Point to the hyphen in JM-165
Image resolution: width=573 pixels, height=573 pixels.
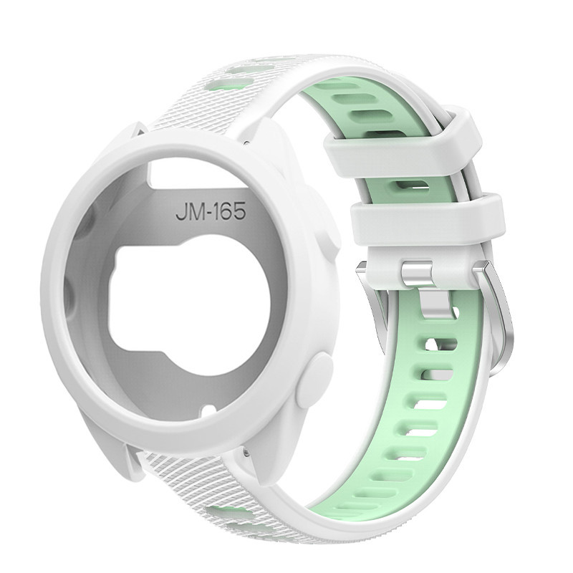209,213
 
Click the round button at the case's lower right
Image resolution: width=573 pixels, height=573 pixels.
315,381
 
